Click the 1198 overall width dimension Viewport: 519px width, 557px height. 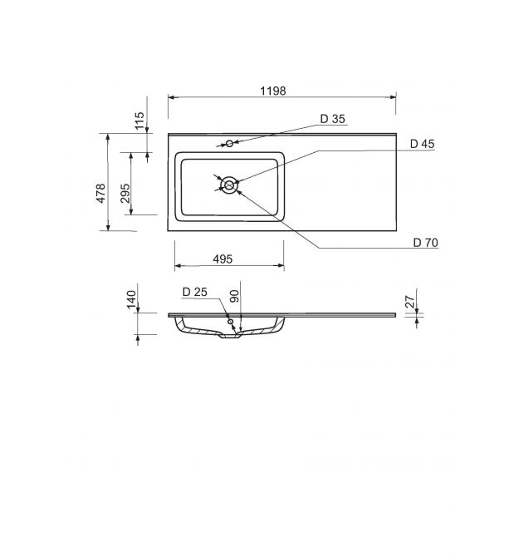coord(273,91)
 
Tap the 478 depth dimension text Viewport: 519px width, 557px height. coord(101,193)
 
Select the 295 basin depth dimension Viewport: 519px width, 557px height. coord(125,193)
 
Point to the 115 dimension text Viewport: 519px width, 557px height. coord(140,121)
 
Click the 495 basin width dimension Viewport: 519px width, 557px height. coord(223,259)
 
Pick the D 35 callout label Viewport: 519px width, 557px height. coord(332,119)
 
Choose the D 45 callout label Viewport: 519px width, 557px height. coord(422,144)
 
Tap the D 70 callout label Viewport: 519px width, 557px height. coord(426,243)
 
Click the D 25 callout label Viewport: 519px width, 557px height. coord(195,292)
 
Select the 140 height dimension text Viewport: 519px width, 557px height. coord(131,299)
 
